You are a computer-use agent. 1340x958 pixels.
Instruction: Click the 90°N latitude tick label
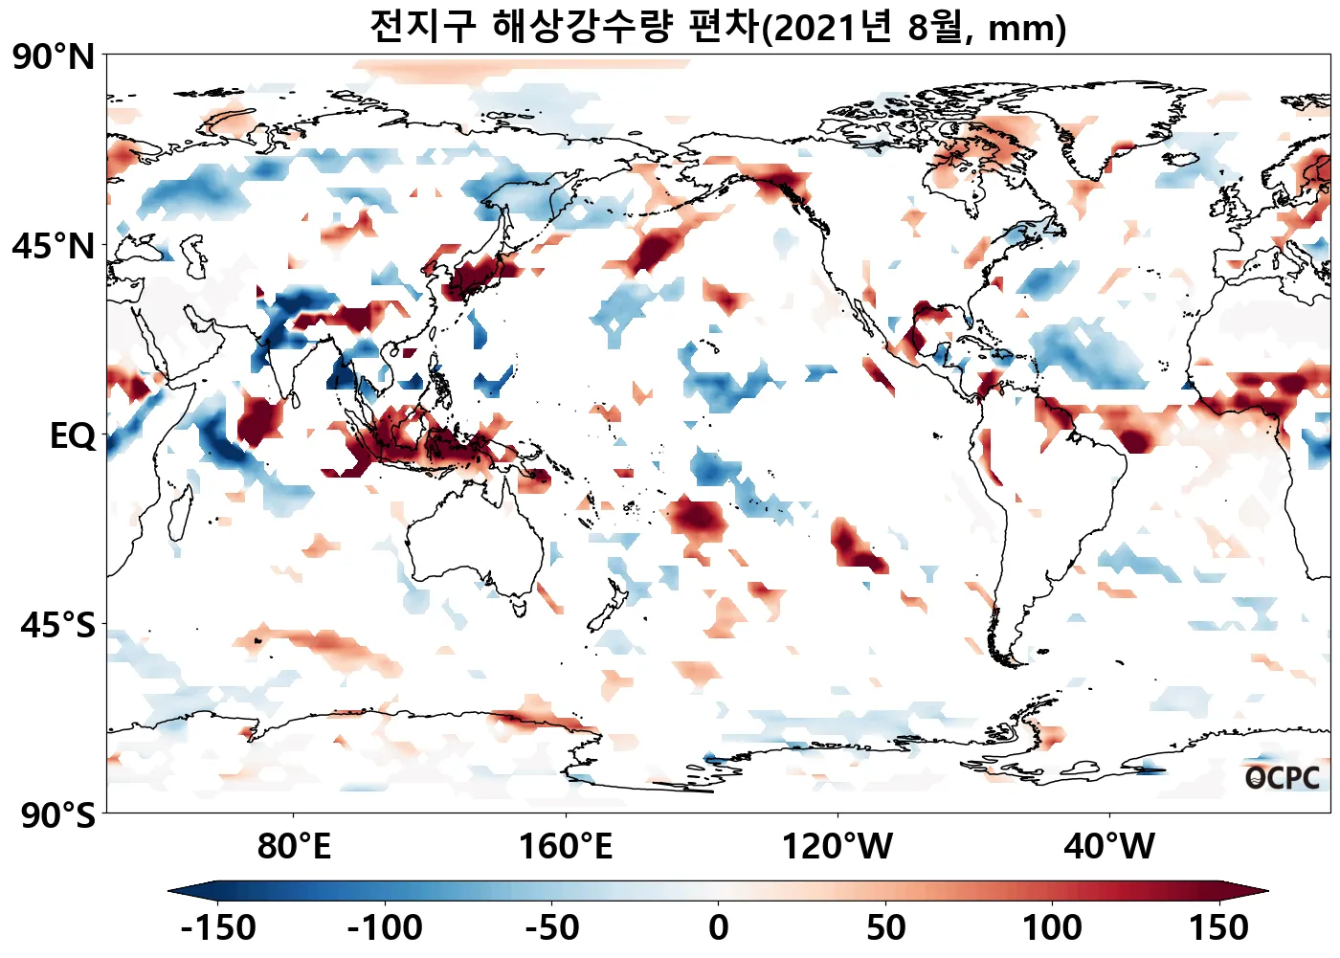54,57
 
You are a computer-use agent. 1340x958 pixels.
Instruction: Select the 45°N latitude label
54,247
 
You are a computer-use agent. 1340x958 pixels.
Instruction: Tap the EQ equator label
73,436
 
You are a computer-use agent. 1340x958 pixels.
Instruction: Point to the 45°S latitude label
57,626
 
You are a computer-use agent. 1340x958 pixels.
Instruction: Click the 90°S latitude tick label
57,815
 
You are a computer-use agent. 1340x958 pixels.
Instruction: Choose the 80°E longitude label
294,847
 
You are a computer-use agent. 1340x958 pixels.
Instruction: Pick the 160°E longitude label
565,847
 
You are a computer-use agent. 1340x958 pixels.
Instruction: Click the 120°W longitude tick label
837,847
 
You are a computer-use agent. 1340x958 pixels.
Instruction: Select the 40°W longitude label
1109,847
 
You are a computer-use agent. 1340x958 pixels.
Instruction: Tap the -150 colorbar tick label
218,927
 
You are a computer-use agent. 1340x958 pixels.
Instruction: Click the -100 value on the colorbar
385,927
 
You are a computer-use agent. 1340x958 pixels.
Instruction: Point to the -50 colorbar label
552,927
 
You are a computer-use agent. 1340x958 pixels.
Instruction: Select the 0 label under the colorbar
719,927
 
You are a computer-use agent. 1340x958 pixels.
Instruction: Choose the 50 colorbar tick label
885,927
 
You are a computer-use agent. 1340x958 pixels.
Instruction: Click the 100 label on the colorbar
1052,927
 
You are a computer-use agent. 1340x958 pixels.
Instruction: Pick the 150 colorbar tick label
1219,927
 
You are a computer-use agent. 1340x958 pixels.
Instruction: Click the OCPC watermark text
1282,778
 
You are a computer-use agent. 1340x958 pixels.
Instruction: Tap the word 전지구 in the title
422,27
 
